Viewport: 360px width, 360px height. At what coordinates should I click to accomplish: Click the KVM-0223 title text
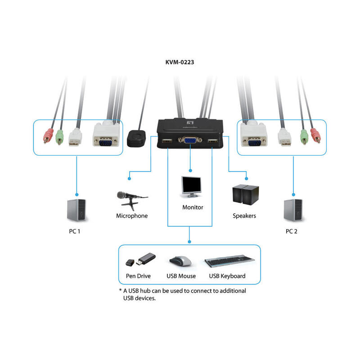pyautogui.click(x=180, y=63)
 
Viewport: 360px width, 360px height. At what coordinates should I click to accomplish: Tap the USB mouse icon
pyautogui.click(x=180, y=261)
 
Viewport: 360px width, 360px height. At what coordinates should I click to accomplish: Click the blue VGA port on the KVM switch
pyautogui.click(x=189, y=142)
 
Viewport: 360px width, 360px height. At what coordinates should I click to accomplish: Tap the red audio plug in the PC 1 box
pyautogui.click(x=47, y=136)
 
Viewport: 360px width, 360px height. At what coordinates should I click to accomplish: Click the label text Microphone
pyautogui.click(x=132, y=216)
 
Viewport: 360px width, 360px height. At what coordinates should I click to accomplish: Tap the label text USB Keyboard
pyautogui.click(x=227, y=276)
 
